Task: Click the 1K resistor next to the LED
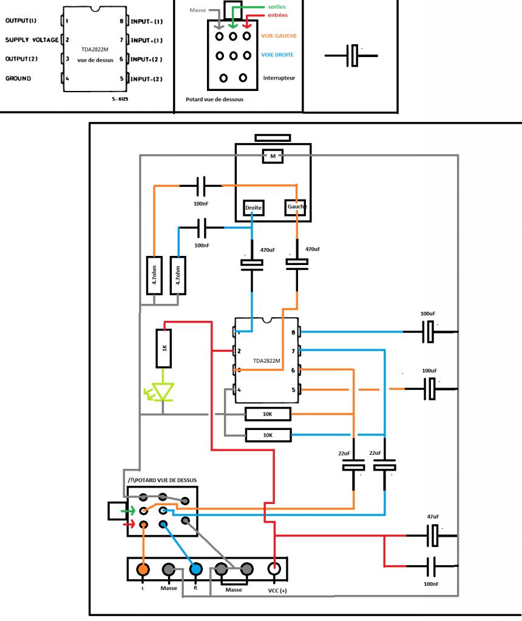(x=164, y=348)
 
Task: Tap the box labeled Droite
(x=254, y=207)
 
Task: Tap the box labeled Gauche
(x=296, y=207)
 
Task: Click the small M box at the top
(x=273, y=156)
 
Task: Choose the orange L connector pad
(x=143, y=569)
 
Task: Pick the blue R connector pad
(x=195, y=569)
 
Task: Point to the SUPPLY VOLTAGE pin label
(x=32, y=40)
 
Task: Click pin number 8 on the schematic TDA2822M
(x=293, y=332)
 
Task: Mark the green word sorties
(x=276, y=6)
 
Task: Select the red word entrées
(x=277, y=15)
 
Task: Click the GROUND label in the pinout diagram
(x=18, y=78)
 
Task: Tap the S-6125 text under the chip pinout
(x=120, y=99)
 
